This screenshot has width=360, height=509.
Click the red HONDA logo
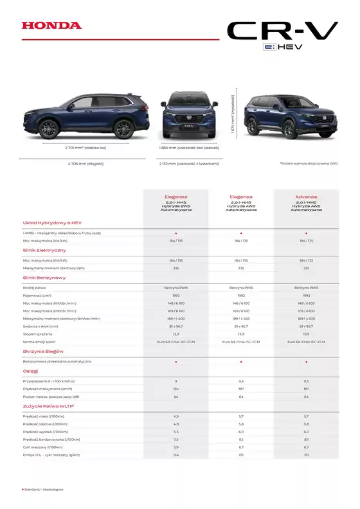(51, 26)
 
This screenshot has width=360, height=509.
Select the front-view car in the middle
(189, 117)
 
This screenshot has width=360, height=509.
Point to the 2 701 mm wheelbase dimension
(85, 148)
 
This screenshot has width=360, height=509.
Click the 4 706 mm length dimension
(85, 163)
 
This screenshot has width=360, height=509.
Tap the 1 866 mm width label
(189, 148)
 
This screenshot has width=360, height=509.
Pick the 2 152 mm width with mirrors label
(189, 163)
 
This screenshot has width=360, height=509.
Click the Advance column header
(306, 197)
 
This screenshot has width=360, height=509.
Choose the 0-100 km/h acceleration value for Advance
(306, 380)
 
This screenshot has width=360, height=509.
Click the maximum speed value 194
(175, 389)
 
